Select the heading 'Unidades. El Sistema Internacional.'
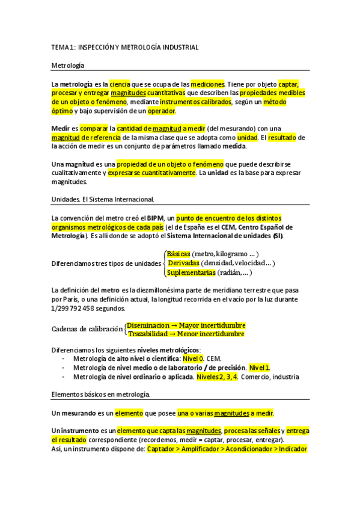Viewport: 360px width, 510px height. (103, 199)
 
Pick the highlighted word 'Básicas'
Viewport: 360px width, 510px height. (178, 254)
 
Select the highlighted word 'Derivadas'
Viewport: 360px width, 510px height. (183, 263)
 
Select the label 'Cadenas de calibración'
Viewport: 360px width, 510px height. (87, 330)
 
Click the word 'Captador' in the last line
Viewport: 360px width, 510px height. (165, 449)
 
